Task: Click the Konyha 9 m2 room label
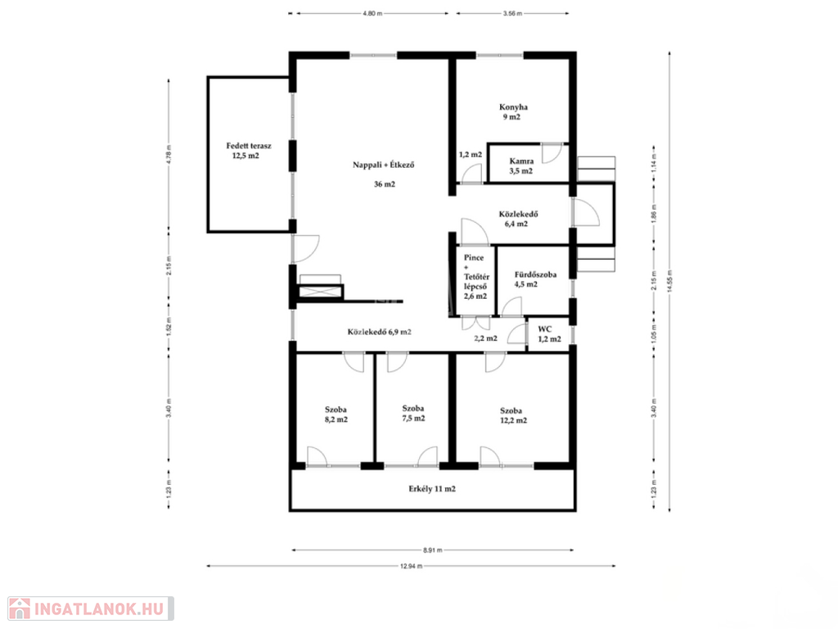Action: pos(512,111)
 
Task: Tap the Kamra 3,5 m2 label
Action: pos(521,165)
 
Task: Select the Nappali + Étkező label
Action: pos(384,165)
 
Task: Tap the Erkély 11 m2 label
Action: pos(432,488)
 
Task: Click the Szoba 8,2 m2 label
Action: pos(336,414)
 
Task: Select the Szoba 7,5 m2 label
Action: pos(413,414)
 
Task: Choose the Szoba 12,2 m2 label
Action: pos(513,415)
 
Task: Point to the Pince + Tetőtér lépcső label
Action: pos(475,277)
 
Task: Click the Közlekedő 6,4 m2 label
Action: pos(518,219)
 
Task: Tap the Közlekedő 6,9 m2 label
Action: pos(380,332)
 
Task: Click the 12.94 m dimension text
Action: pos(411,566)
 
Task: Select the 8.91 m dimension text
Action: pos(432,550)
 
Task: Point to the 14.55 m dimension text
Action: pos(669,282)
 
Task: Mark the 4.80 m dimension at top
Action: pos(372,13)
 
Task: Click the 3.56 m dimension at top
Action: pos(512,13)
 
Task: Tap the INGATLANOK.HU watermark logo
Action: pos(91,609)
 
